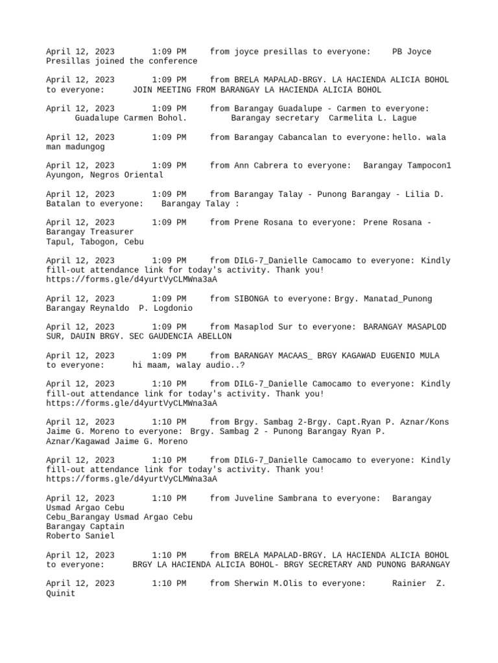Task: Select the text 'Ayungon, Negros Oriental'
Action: click(104, 175)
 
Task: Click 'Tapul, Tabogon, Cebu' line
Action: click(95, 242)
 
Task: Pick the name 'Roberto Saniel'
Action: click(80, 536)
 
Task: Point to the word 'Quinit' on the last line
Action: click(60, 593)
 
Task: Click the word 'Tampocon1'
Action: click(425, 166)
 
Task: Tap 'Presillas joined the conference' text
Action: click(121, 62)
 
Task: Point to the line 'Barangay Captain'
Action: click(85, 526)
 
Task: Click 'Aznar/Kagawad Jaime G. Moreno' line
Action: click(117, 442)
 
